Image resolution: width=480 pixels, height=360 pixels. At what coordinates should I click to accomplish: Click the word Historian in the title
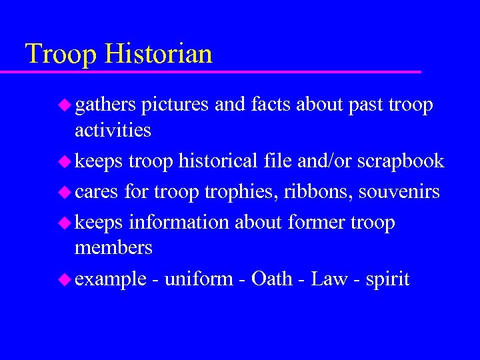click(x=158, y=54)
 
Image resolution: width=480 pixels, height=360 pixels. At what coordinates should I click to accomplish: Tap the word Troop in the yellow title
click(x=61, y=54)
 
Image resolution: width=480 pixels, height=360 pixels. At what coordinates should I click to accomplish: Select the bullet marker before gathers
click(x=65, y=105)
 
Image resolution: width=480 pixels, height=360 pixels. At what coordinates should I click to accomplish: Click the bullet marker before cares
click(x=65, y=193)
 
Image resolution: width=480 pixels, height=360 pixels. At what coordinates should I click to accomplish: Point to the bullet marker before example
click(x=65, y=279)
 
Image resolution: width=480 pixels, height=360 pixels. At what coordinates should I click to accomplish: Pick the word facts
click(x=272, y=105)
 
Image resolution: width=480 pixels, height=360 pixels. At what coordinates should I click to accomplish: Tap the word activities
click(x=113, y=129)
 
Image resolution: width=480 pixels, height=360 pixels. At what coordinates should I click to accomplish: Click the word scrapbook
click(x=400, y=161)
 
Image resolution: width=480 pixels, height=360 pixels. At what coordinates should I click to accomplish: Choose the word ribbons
click(x=317, y=192)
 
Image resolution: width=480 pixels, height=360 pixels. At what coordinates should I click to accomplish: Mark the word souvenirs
click(x=399, y=192)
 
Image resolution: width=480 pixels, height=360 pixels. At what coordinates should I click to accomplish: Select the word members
click(x=113, y=247)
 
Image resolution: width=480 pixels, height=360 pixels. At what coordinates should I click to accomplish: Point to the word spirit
click(x=387, y=279)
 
